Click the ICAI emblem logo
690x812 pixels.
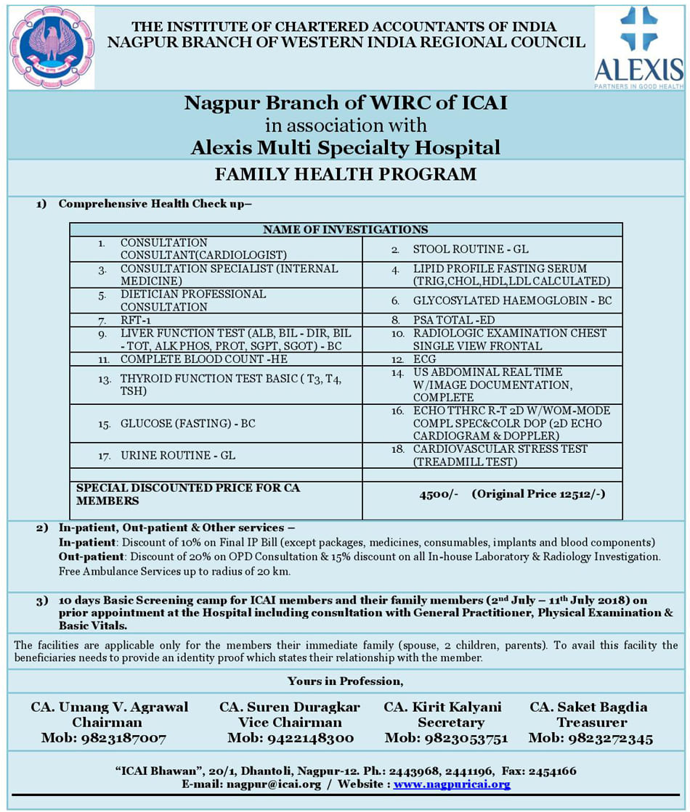[52, 47]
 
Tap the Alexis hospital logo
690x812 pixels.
[638, 47]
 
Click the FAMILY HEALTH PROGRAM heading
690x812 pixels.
[346, 174]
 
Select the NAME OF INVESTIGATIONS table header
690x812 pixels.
[346, 229]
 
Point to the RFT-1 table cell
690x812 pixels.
[136, 320]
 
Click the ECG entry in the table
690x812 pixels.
[425, 359]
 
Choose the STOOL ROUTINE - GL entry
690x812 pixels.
[471, 249]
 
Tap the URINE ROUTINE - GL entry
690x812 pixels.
[178, 456]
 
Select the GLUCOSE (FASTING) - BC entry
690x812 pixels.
[188, 424]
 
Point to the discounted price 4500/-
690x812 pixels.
[439, 494]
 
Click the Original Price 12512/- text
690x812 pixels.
[538, 494]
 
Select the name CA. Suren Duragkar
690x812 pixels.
[289, 707]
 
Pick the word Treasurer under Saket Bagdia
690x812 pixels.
[588, 723]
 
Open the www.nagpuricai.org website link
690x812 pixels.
[452, 784]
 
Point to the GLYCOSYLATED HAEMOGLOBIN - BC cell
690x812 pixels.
[513, 300]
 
